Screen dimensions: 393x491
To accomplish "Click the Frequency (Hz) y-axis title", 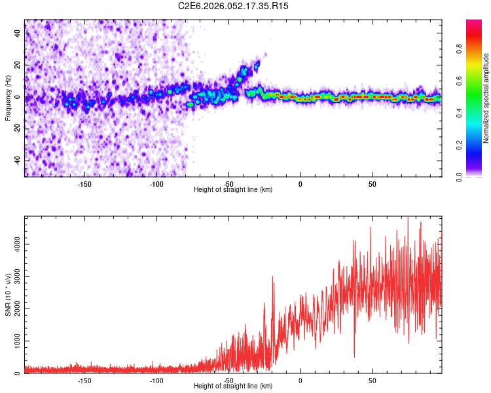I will (x=8, y=98).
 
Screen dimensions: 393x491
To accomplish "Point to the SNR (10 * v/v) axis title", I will (x=8, y=295).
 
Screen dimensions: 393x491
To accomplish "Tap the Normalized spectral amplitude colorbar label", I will (x=486, y=98).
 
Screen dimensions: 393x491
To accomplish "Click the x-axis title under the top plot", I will (x=233, y=189).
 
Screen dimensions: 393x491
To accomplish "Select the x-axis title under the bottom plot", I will (x=233, y=386).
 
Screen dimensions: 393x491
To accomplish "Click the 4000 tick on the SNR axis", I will (x=14, y=244).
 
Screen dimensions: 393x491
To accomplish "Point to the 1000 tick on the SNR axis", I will (x=14, y=341).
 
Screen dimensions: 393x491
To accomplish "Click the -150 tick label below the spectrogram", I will (x=84, y=184).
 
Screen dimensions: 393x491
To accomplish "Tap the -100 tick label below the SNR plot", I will (x=156, y=381).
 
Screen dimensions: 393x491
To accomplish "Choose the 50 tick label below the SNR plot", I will (x=372, y=381).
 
